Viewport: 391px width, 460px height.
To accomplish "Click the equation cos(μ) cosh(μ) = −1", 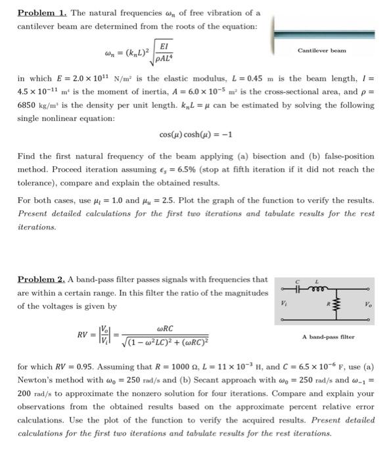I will pos(196,135).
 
